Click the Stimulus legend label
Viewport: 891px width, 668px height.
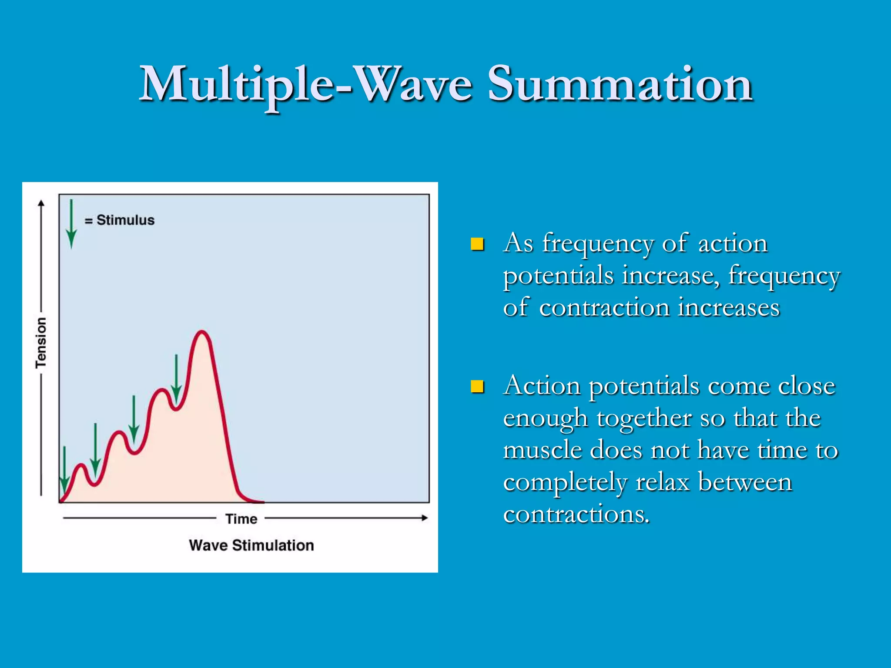(125, 220)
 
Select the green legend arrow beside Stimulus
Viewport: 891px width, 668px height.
(71, 224)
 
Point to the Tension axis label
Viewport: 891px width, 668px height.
(41, 343)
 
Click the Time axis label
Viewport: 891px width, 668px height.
(241, 519)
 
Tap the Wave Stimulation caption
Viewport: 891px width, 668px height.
(251, 545)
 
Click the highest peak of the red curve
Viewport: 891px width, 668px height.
(202, 332)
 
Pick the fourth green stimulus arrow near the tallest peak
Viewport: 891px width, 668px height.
(176, 378)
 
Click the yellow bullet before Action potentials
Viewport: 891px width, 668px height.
(477, 386)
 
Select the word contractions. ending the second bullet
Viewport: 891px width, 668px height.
(576, 514)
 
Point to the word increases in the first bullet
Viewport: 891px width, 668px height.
(728, 307)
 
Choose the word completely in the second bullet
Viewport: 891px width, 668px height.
(565, 483)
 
